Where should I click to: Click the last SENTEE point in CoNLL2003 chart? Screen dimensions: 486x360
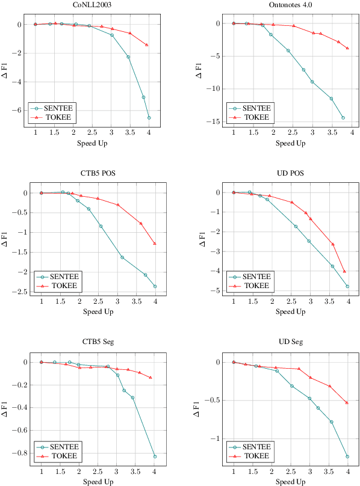[149, 118]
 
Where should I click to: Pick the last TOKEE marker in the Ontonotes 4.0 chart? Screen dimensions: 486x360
[347, 48]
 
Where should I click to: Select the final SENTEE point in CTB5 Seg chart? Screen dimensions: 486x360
[155, 457]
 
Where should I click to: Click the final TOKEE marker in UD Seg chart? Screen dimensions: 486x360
[347, 402]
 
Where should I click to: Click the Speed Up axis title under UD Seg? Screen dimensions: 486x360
[291, 482]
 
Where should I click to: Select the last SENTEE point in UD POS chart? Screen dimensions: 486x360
[347, 286]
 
